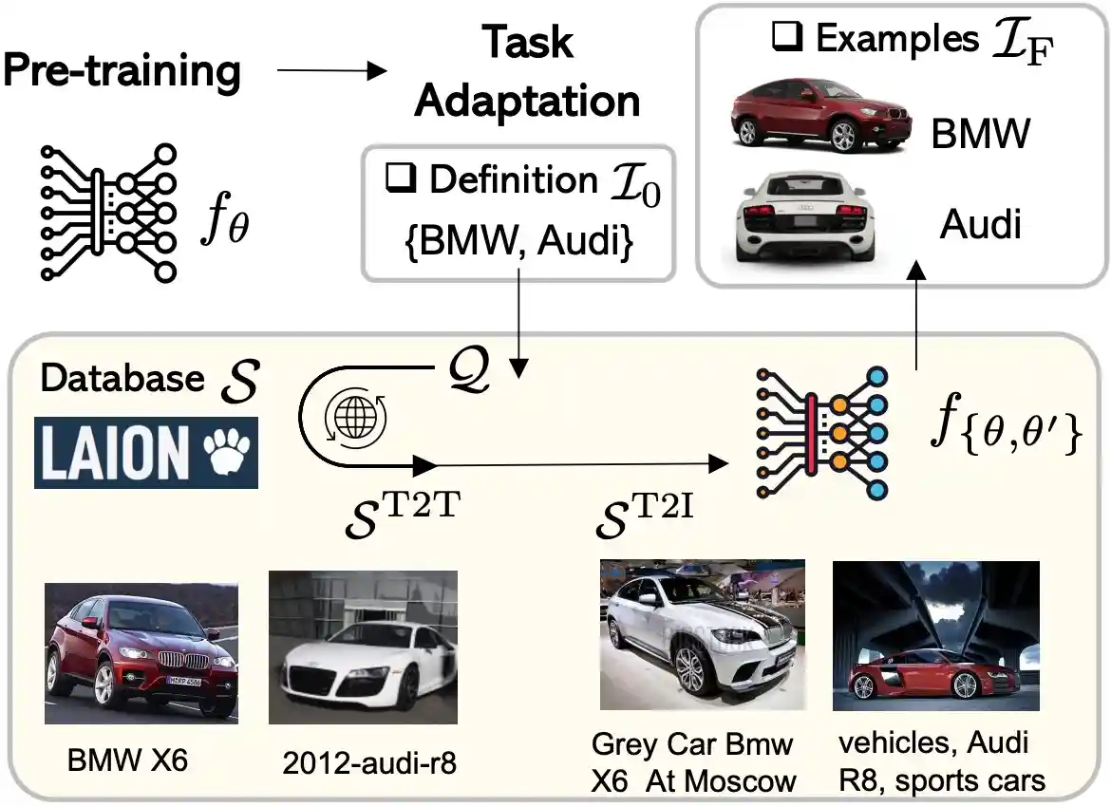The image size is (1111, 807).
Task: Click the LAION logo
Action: pyautogui.click(x=145, y=453)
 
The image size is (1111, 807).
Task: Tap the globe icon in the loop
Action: pyautogui.click(x=343, y=416)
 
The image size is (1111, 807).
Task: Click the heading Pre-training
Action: pyautogui.click(x=122, y=72)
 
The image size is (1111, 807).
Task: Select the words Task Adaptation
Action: pyautogui.click(x=527, y=71)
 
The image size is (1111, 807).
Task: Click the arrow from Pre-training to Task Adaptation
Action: pyautogui.click(x=331, y=72)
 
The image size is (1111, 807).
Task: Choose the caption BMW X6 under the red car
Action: pyautogui.click(x=127, y=760)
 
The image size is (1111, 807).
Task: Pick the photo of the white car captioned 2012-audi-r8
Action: pyautogui.click(x=364, y=647)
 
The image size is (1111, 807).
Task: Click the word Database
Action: pyautogui.click(x=122, y=378)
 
